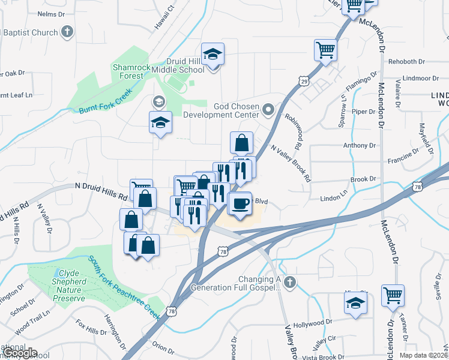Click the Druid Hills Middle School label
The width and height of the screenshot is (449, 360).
click(186, 65)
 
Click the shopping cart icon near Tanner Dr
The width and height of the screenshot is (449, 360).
click(393, 295)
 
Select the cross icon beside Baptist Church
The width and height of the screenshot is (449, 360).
click(67, 32)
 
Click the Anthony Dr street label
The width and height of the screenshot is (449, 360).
click(359, 145)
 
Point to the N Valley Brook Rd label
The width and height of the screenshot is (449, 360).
click(291, 163)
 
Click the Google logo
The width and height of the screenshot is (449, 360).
click(19, 353)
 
